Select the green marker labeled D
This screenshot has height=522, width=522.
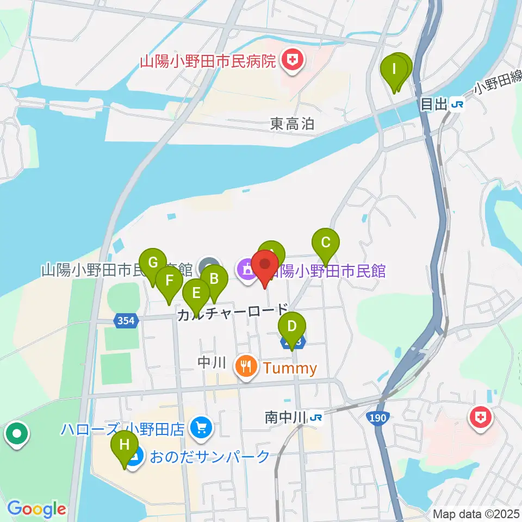click(x=292, y=328)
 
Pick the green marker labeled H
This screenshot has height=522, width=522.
click(x=125, y=446)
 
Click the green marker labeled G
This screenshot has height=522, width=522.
click(x=153, y=262)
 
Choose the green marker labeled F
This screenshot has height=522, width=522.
click(x=169, y=282)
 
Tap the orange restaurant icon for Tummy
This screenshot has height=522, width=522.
click(x=246, y=368)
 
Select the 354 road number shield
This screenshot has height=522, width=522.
click(x=126, y=321)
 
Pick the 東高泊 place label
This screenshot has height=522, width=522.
click(x=293, y=125)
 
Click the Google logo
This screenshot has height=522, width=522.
click(x=36, y=509)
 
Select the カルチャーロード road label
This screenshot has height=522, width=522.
click(x=233, y=313)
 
